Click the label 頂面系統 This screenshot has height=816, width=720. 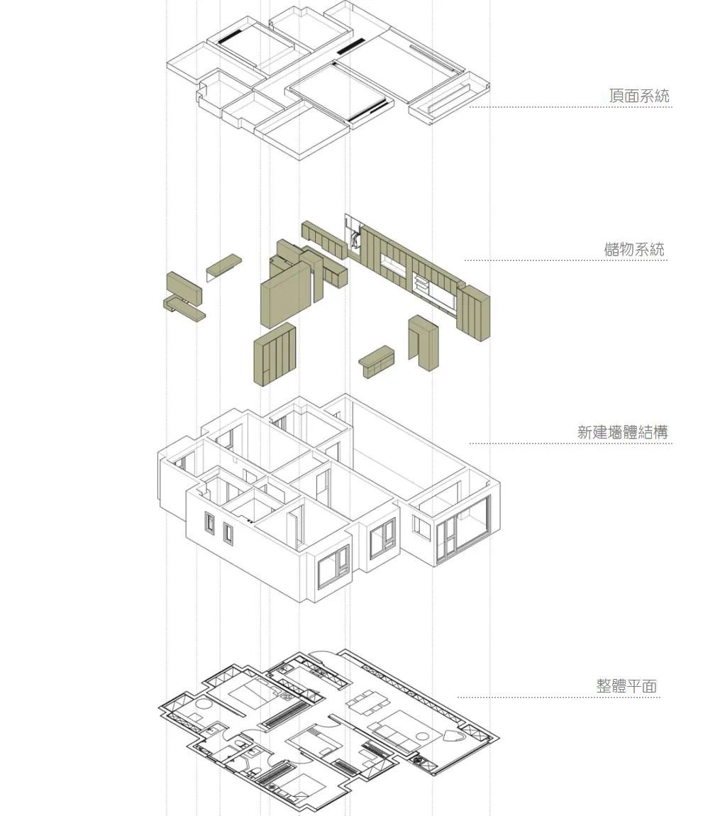(x=639, y=96)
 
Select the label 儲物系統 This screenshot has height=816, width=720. (x=634, y=249)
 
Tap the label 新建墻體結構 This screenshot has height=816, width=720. (x=622, y=432)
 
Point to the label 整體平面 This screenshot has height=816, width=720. (x=627, y=686)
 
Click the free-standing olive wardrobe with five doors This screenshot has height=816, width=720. (x=275, y=354)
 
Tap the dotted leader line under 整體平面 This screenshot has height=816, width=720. (x=559, y=698)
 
